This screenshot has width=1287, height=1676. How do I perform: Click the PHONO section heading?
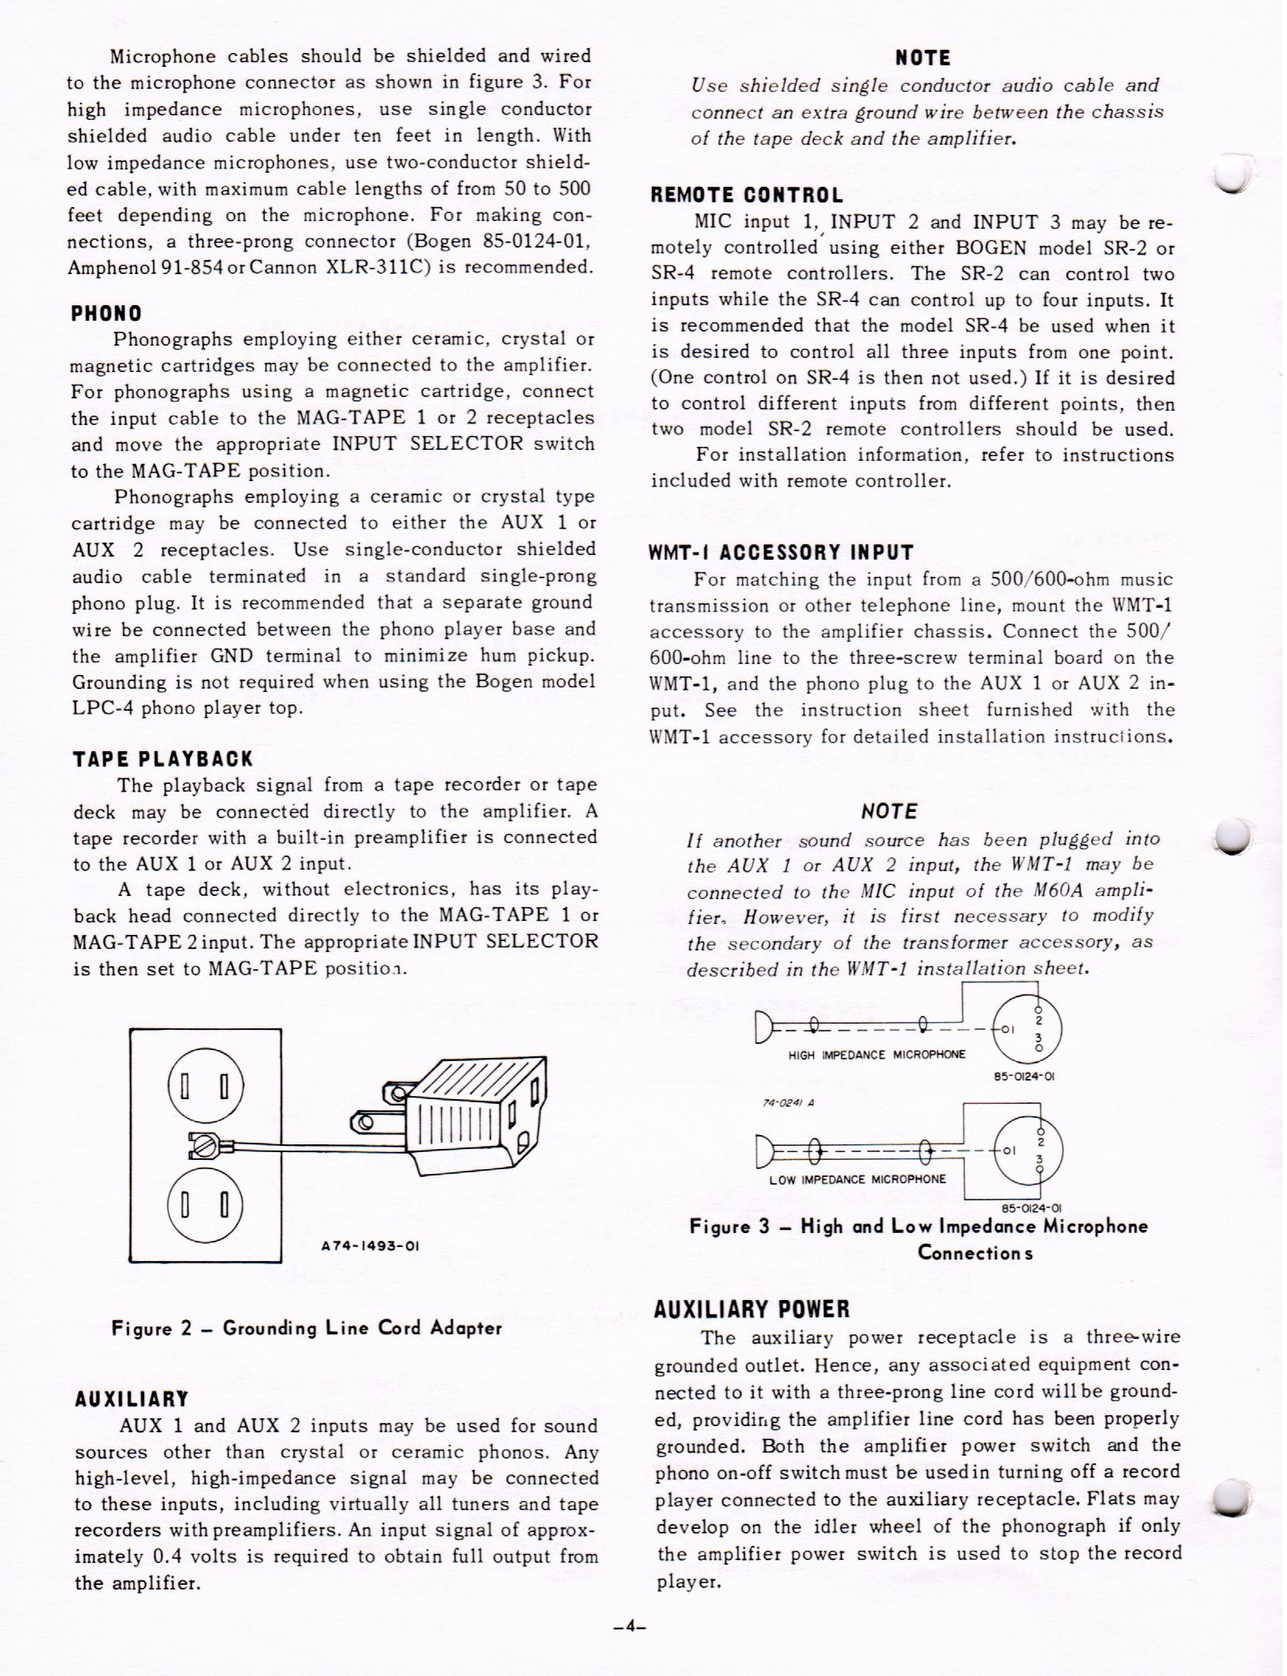click(x=107, y=314)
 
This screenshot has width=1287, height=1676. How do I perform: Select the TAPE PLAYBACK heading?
click(x=163, y=759)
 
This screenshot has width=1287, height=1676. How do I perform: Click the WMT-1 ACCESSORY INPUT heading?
click(x=781, y=553)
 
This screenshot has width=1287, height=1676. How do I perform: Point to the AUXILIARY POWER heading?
click(x=752, y=1309)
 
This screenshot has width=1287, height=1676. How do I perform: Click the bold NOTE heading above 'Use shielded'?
click(x=923, y=58)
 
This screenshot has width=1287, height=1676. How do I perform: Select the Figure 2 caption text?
click(x=307, y=1328)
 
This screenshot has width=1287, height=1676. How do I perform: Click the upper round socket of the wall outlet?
click(x=205, y=1085)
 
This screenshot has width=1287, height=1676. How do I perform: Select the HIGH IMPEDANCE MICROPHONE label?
click(x=877, y=1055)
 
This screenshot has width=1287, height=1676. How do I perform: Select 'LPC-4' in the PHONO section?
click(x=102, y=708)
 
